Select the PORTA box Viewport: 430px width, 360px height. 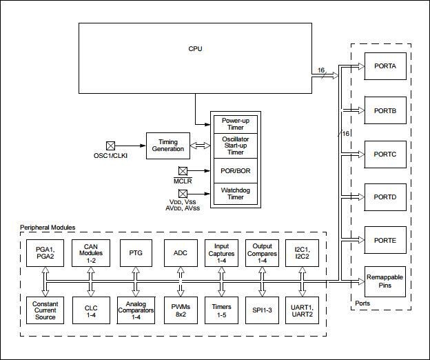(x=385, y=66)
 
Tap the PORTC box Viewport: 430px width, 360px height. (x=385, y=154)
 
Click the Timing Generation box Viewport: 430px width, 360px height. (x=167, y=145)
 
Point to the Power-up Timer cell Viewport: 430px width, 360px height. (x=235, y=124)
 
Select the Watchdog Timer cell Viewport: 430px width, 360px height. (x=235, y=194)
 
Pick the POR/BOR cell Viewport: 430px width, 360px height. (x=235, y=170)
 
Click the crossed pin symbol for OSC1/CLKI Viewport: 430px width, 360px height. (x=110, y=146)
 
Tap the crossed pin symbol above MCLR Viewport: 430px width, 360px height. (x=183, y=170)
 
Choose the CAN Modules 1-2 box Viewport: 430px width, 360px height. (x=91, y=252)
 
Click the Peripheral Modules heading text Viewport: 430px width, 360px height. (x=48, y=228)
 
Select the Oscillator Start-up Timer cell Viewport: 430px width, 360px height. (x=235, y=146)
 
